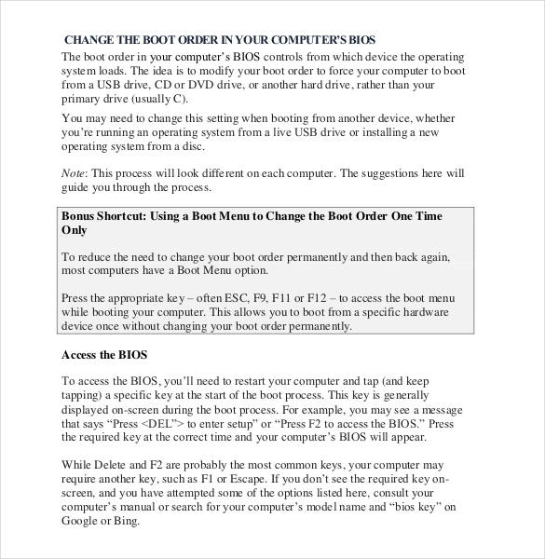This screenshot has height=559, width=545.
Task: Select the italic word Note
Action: (x=73, y=173)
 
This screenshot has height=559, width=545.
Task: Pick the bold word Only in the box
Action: (x=74, y=229)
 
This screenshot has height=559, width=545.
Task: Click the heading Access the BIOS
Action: (x=104, y=355)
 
